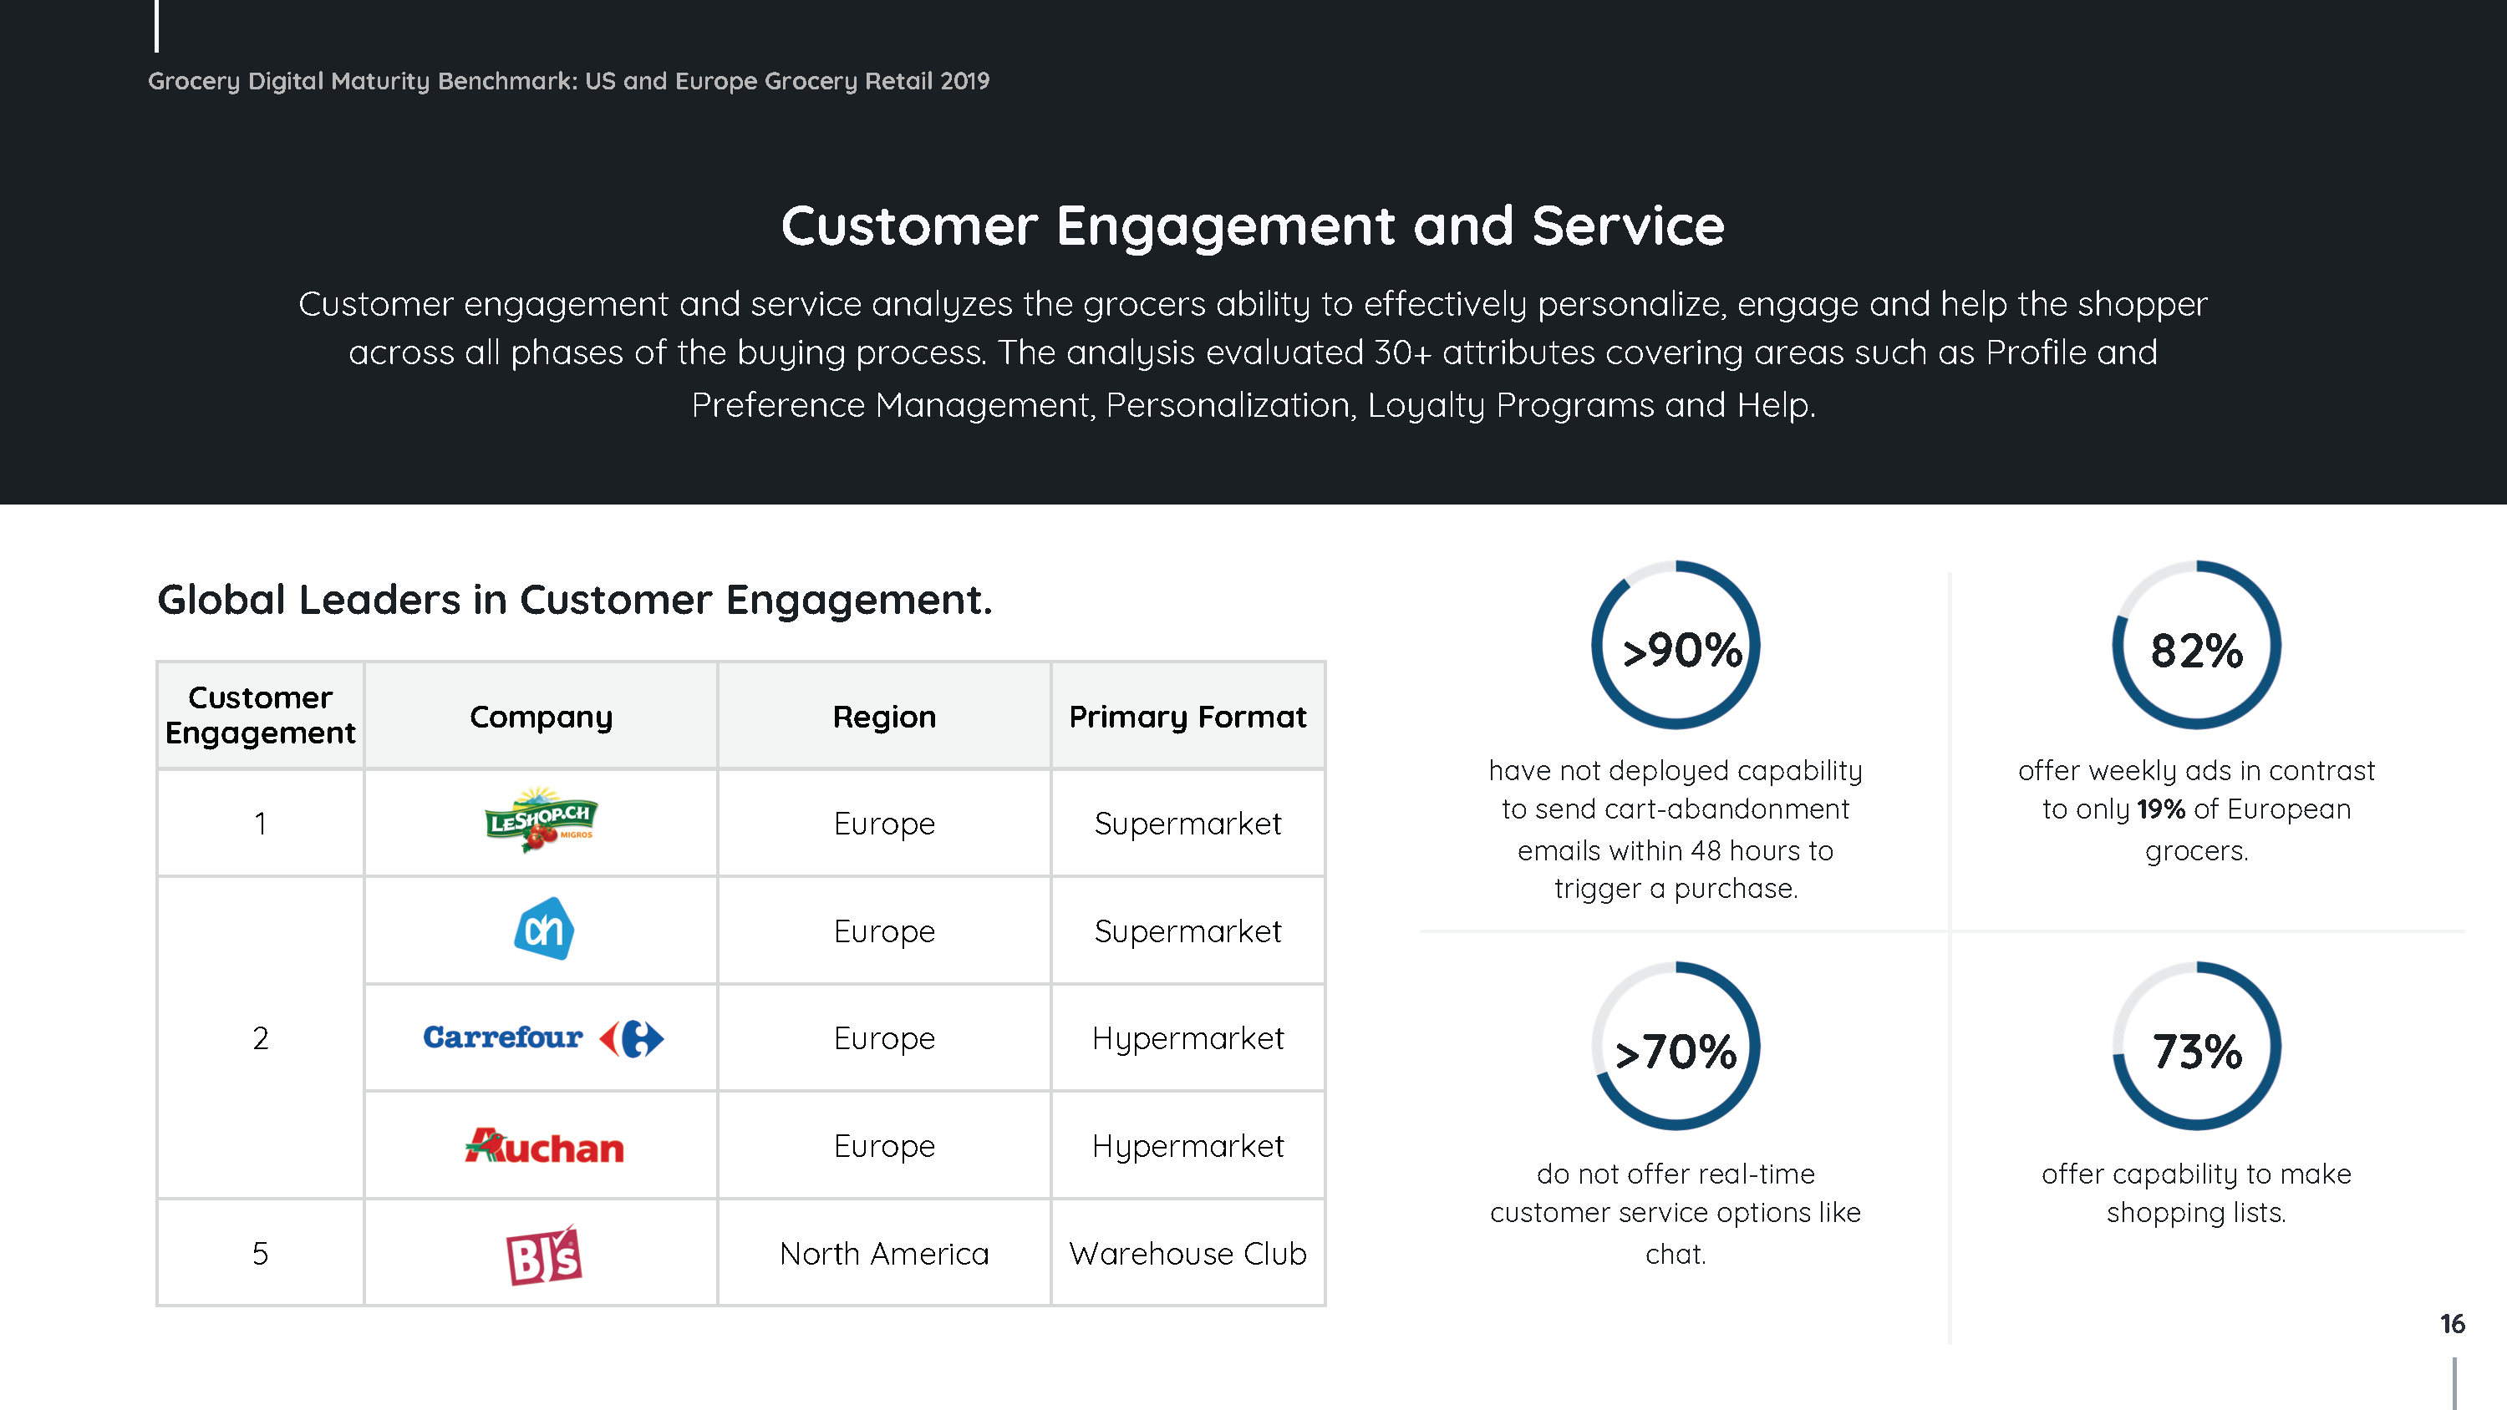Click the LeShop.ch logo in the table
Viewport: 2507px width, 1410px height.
pyautogui.click(x=542, y=819)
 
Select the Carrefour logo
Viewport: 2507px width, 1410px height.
pyautogui.click(x=543, y=1037)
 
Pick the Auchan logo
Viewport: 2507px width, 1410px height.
pyautogui.click(x=544, y=1146)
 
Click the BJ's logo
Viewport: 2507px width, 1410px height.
pyautogui.click(x=544, y=1255)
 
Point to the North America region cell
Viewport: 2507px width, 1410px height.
pyautogui.click(x=883, y=1253)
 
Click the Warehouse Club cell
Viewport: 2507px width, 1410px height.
pyautogui.click(x=1187, y=1253)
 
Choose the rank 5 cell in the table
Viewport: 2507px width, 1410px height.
pyautogui.click(x=260, y=1253)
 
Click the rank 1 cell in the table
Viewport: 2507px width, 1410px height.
pyautogui.click(x=260, y=824)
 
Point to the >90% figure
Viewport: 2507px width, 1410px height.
pyautogui.click(x=1681, y=650)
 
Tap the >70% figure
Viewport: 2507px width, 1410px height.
pyautogui.click(x=1675, y=1052)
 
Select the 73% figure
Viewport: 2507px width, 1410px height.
pyautogui.click(x=2196, y=1052)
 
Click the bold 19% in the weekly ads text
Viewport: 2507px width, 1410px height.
pyautogui.click(x=2160, y=809)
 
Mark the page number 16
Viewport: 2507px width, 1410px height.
pyautogui.click(x=2452, y=1323)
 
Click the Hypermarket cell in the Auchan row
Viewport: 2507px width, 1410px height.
pyautogui.click(x=1187, y=1146)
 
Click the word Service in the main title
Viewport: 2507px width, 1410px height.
pyautogui.click(x=1627, y=226)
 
